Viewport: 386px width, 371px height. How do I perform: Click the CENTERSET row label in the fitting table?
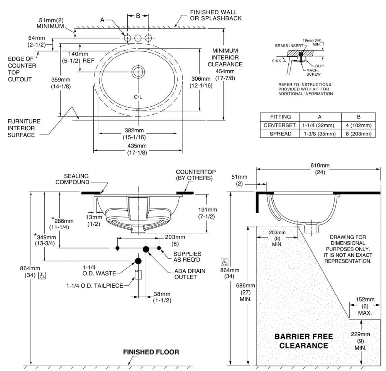pos(279,125)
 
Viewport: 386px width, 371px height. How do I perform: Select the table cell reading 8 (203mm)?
pos(359,134)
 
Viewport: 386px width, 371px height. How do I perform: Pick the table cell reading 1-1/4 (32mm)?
pos(318,125)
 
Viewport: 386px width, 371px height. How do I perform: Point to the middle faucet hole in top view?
pos(138,38)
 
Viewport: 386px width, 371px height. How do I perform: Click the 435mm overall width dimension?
pos(137,149)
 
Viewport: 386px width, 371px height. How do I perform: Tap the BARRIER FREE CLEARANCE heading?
pos(303,341)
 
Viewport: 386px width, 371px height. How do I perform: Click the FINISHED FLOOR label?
pos(151,352)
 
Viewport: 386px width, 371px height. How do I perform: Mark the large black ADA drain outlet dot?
pos(146,249)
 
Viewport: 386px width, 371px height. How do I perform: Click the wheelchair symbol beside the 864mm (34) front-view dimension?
pos(42,276)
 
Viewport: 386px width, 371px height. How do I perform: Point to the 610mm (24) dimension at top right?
pos(320,169)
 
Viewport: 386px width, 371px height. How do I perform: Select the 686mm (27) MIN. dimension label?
pos(245,292)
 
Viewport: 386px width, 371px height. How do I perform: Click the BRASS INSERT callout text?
pos(289,46)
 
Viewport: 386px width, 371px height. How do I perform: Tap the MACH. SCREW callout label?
pos(313,72)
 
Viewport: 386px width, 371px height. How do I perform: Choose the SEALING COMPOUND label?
pos(73,179)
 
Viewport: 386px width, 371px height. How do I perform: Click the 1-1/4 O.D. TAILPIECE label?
pos(95,286)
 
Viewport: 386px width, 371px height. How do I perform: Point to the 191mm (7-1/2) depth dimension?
pos(208,213)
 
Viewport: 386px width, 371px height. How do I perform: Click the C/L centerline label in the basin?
pos(138,97)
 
